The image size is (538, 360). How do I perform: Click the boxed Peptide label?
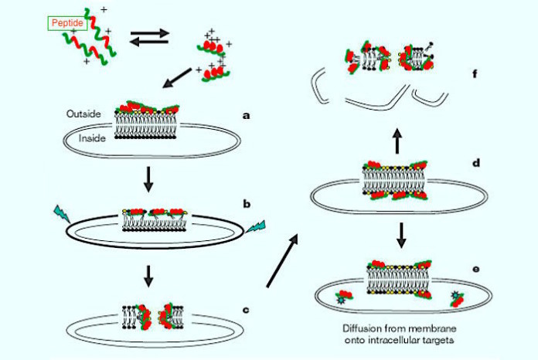(66, 24)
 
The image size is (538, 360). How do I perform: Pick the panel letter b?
(247, 205)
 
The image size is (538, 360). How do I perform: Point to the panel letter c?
(247, 311)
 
